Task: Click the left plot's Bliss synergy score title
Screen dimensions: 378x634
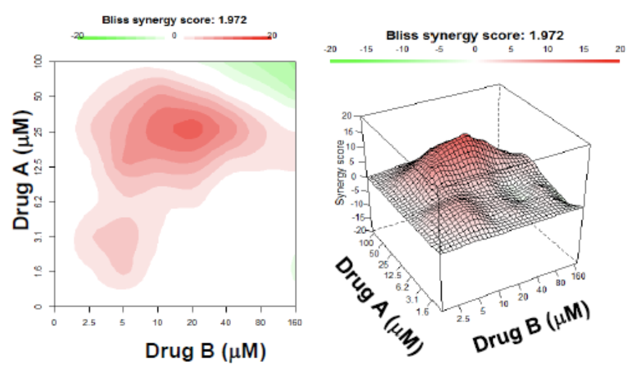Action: click(x=174, y=20)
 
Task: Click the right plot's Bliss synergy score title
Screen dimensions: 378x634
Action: click(x=474, y=36)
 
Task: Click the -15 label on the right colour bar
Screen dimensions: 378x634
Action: click(x=367, y=49)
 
